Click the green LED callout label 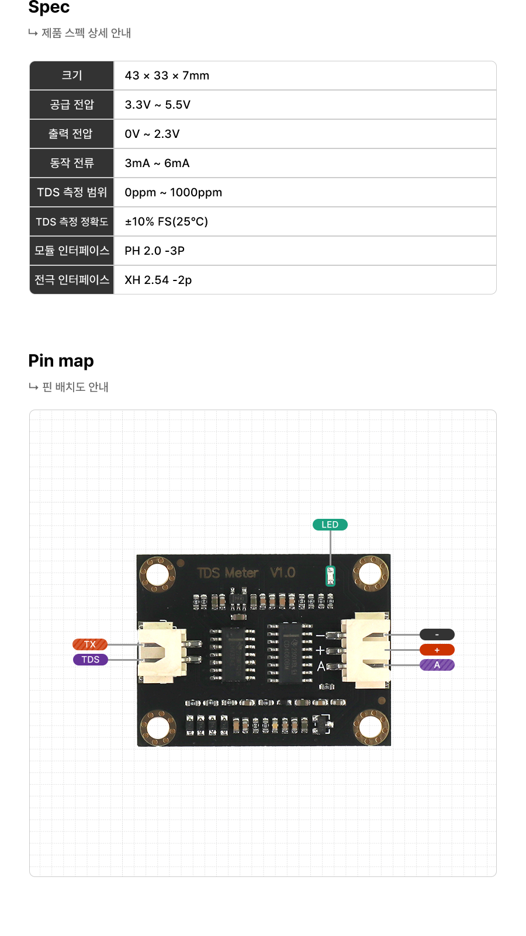click(330, 525)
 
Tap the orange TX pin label click(90, 644)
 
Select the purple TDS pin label click(91, 660)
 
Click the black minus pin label click(437, 635)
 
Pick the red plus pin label click(437, 650)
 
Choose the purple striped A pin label click(437, 665)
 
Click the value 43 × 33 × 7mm click(167, 75)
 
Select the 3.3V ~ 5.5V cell click(158, 105)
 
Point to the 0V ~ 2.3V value click(152, 134)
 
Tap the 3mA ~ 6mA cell click(157, 163)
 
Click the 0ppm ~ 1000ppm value click(174, 192)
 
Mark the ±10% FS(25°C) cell click(167, 221)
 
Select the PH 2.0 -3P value click(155, 251)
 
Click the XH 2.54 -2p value click(158, 280)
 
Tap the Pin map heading click(61, 361)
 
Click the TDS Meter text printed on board click(228, 573)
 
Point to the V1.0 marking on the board click(283, 573)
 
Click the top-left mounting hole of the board click(157, 574)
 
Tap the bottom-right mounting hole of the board click(371, 727)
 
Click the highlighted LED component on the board click(330, 576)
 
